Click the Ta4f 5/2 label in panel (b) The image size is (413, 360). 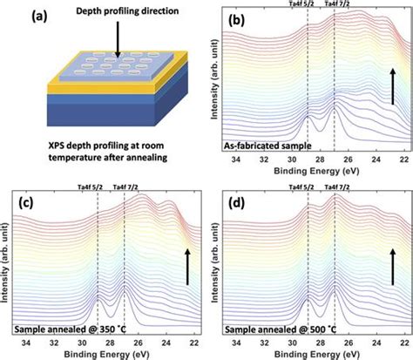pyautogui.click(x=307, y=5)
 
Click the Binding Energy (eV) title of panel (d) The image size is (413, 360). pyautogui.click(x=314, y=353)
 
